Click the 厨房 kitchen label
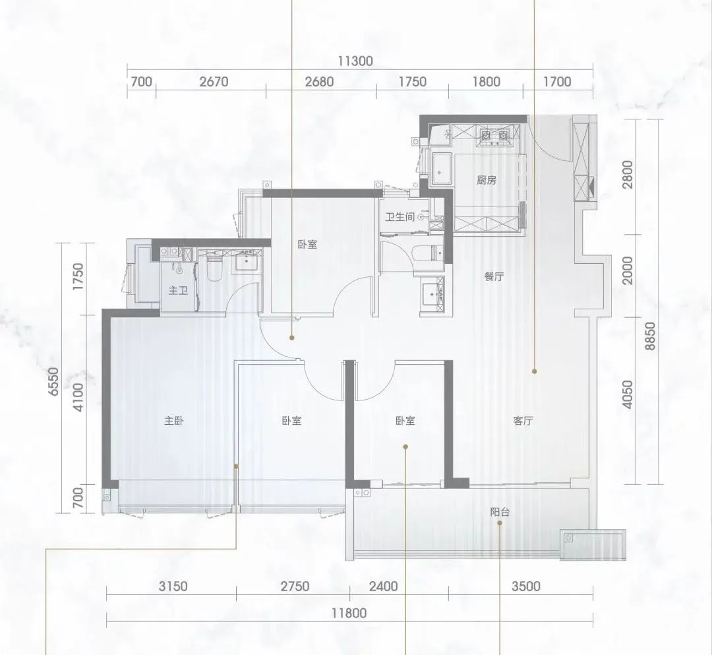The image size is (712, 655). tap(487, 180)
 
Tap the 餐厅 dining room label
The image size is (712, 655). tap(494, 276)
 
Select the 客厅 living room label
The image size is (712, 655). tap(523, 421)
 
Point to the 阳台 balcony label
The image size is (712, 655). tap(500, 513)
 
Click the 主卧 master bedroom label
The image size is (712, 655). tap(174, 421)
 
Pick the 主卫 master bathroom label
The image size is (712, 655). tap(178, 290)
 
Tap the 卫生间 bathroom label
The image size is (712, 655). tap(400, 217)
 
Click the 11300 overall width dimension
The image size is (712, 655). tap(355, 61)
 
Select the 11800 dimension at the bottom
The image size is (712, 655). tap(349, 613)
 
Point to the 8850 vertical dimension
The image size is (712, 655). tap(651, 336)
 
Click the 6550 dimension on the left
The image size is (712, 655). tap(53, 381)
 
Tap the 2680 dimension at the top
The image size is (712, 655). tap(319, 82)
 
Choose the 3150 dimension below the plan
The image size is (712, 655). tap(173, 586)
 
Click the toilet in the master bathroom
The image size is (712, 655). tap(214, 268)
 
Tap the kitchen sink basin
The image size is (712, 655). tap(441, 169)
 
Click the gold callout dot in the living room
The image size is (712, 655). tap(535, 371)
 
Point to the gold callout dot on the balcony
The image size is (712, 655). tap(500, 523)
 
